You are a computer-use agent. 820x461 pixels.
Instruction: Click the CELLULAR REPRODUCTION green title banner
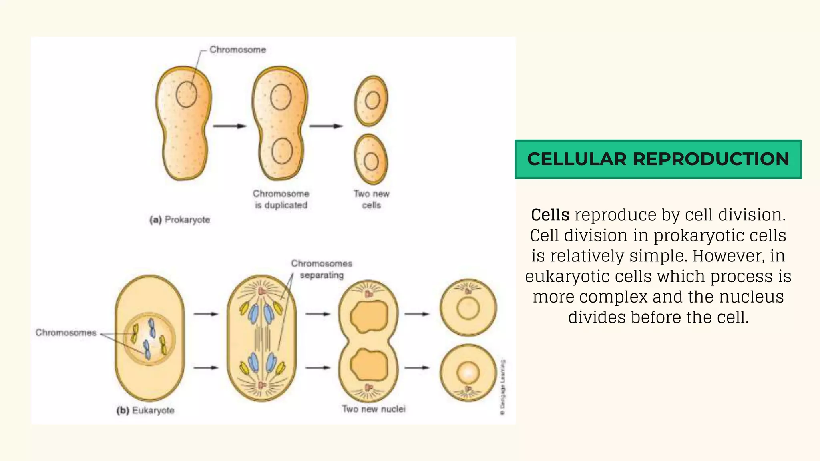click(658, 159)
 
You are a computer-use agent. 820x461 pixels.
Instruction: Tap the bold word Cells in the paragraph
click(550, 215)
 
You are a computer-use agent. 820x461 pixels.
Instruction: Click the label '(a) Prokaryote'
click(180, 220)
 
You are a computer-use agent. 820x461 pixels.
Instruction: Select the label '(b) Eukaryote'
click(145, 410)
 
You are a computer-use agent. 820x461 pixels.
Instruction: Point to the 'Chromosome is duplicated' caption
click(281, 199)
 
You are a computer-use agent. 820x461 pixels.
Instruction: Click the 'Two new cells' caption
click(371, 199)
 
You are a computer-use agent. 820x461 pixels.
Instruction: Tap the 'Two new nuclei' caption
click(373, 409)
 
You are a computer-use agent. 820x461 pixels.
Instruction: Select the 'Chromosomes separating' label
click(322, 269)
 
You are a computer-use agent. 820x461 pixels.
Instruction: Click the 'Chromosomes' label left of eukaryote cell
click(66, 333)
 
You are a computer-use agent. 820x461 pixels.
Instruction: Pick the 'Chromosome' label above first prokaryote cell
click(237, 50)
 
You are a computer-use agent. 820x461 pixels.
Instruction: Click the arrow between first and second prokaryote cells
click(229, 126)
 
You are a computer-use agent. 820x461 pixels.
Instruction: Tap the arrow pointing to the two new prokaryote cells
click(326, 126)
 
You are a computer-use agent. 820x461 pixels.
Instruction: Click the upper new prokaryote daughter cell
click(371, 101)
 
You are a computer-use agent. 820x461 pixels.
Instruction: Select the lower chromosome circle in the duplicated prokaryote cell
click(282, 151)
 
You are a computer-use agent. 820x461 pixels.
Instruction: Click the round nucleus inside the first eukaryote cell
click(149, 338)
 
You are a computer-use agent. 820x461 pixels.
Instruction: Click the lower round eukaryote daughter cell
click(468, 373)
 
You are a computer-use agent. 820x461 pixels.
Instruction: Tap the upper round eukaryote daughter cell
click(468, 307)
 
